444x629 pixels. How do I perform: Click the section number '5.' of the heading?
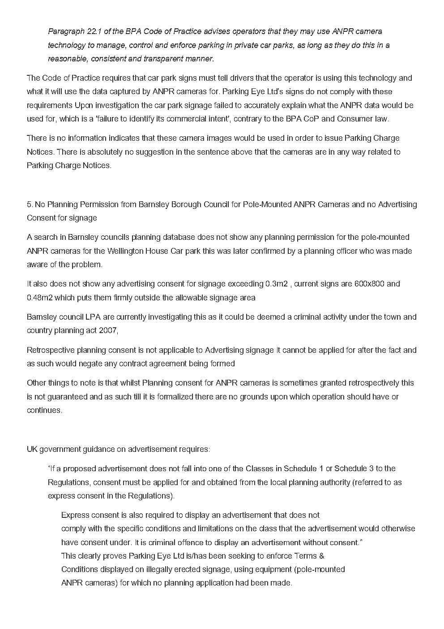point(30,204)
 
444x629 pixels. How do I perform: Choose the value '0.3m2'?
point(277,284)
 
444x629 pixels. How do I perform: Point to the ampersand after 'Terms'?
point(321,556)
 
